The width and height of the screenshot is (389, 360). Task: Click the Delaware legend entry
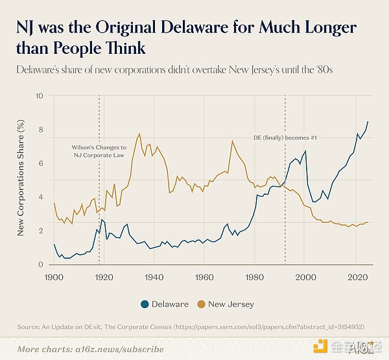[x=167, y=304]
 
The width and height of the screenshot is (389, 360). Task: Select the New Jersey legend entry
[x=227, y=304]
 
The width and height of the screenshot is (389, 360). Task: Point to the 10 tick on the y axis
[x=40, y=96]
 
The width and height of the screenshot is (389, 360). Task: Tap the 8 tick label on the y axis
[x=41, y=130]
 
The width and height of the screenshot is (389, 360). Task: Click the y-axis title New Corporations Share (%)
[x=21, y=180]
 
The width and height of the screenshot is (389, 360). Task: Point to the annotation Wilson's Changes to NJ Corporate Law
[x=99, y=152]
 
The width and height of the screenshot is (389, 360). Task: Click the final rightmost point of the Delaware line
[x=368, y=122]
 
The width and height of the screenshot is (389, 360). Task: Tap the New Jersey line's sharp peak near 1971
[x=231, y=141]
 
